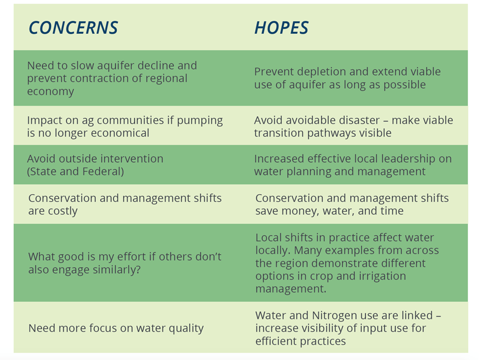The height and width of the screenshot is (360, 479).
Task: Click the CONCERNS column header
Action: click(x=73, y=28)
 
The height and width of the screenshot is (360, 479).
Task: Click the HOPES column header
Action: click(x=281, y=28)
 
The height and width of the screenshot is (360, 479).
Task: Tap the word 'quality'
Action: click(x=186, y=329)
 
